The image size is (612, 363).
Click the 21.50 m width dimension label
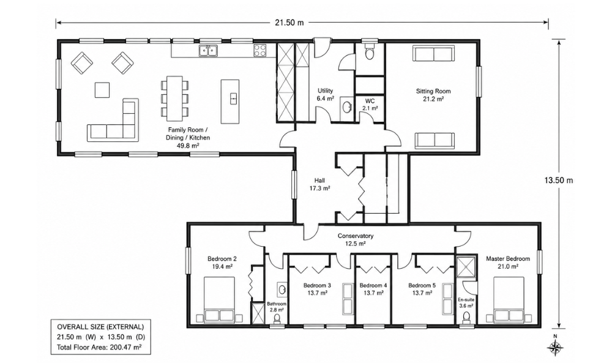tap(289, 23)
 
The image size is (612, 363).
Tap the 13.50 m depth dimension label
tap(559, 181)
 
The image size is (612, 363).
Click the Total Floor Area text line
tap(99, 347)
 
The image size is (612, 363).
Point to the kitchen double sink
tap(208, 50)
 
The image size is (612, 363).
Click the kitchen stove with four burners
tap(260, 50)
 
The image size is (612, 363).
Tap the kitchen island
tap(230, 102)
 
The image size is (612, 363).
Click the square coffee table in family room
tap(102, 90)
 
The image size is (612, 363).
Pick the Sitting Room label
tap(433, 91)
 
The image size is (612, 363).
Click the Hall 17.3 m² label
tap(319, 184)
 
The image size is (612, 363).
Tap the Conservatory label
tap(356, 236)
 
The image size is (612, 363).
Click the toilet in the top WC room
tap(369, 52)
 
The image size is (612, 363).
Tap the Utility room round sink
tap(346, 105)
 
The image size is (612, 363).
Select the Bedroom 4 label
tap(373, 285)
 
